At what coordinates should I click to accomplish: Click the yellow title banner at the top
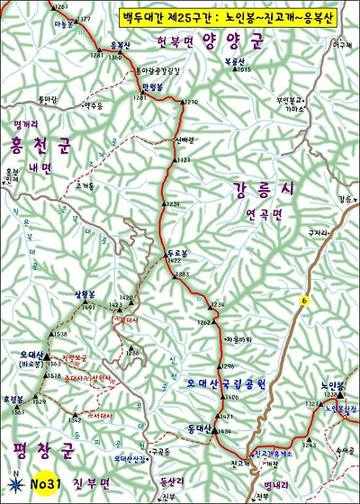(x=236, y=17)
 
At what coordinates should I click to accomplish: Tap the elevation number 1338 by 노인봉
(x=330, y=394)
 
